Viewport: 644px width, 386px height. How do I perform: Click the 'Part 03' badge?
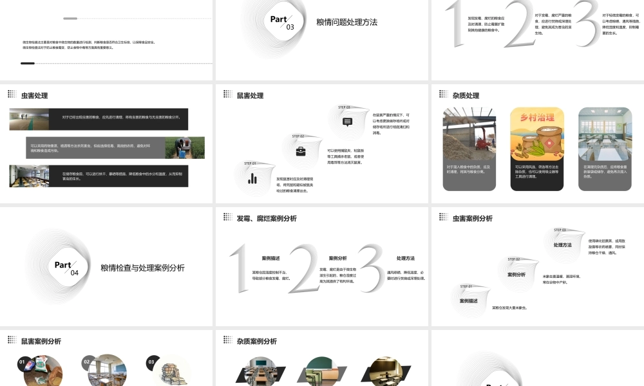281,23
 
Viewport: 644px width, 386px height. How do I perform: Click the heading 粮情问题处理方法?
347,22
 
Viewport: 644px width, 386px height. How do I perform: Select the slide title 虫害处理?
34,96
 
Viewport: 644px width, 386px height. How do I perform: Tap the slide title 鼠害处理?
250,96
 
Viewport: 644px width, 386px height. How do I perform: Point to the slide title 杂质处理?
466,96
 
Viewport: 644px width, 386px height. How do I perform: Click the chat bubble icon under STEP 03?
348,122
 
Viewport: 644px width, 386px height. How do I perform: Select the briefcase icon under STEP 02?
300,151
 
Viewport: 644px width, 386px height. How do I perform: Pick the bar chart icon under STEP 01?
253,179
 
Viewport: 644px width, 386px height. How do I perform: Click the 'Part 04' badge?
66,268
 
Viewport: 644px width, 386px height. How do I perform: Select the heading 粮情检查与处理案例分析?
142,268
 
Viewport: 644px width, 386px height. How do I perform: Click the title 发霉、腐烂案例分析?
267,219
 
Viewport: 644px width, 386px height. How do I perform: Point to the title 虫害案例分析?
472,219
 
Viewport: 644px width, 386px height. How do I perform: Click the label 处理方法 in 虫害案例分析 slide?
562,245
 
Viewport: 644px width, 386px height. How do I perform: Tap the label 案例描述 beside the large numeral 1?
270,258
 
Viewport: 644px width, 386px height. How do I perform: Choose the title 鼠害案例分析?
41,342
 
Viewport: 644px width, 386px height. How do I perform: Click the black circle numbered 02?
87,362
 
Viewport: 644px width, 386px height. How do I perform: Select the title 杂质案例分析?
256,342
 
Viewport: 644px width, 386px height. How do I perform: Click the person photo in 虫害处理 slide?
185,147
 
